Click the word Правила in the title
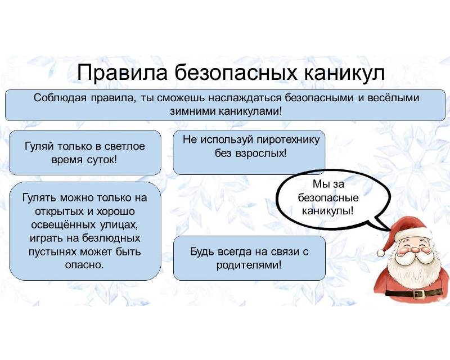tap(122, 73)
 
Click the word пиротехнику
tap(288, 140)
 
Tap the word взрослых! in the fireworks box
tap(261, 154)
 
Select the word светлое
tap(124, 146)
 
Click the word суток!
tap(102, 160)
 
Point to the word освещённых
tap(63, 224)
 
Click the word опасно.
tap(84, 265)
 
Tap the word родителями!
tap(249, 265)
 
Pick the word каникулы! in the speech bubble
tap(328, 211)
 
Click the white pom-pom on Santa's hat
tap(381, 253)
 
